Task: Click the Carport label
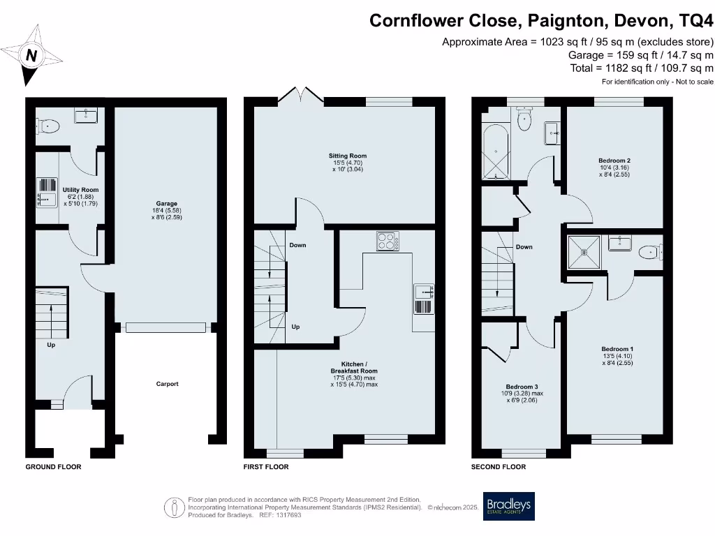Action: (x=168, y=384)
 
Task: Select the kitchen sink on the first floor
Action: (x=424, y=299)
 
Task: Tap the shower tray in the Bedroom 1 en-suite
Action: (x=582, y=252)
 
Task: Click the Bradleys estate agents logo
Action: (x=509, y=507)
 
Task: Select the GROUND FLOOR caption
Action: (x=53, y=467)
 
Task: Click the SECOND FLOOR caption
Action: (x=499, y=467)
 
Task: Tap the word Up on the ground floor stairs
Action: (x=51, y=345)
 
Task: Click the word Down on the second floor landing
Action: (x=524, y=247)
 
